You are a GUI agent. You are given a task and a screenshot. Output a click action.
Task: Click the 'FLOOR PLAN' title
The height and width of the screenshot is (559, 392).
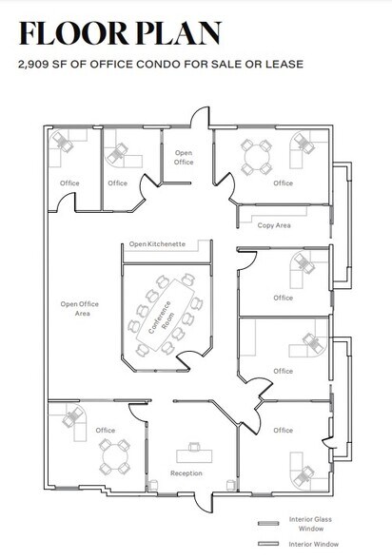click(x=120, y=33)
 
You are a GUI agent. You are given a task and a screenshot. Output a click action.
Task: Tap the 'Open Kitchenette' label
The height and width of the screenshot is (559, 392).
click(x=157, y=244)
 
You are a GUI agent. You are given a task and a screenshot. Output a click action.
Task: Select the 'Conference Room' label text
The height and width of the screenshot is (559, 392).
click(x=162, y=318)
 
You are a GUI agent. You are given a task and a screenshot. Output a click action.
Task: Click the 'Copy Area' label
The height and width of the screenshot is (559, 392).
click(x=274, y=225)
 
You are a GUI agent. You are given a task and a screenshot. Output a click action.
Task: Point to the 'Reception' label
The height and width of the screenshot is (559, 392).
click(x=186, y=473)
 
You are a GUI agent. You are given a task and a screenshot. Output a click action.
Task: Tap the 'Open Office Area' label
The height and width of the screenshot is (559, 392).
click(x=80, y=309)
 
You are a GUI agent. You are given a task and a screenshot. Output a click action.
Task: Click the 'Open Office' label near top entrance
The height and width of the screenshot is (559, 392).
click(x=184, y=157)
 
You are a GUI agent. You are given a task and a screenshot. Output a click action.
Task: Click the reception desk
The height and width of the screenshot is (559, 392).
click(x=194, y=456)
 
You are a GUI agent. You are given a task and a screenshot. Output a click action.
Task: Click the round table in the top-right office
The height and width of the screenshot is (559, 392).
click(x=257, y=157)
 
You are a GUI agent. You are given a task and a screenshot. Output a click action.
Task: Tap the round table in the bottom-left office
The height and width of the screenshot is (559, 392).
click(x=115, y=456)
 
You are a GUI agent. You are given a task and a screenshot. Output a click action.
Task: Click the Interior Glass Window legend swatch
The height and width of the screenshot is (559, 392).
click(x=268, y=523)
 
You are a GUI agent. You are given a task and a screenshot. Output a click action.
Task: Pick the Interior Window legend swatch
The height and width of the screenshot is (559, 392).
click(x=268, y=544)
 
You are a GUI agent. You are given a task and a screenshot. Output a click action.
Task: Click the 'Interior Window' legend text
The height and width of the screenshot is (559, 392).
click(x=314, y=544)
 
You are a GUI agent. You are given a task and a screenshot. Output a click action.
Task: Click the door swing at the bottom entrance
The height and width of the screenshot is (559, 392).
click(x=205, y=504)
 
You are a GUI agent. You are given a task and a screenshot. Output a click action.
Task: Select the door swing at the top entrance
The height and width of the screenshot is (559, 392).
click(x=200, y=116)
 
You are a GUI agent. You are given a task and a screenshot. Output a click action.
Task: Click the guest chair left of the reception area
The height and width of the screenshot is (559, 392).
click(x=152, y=485)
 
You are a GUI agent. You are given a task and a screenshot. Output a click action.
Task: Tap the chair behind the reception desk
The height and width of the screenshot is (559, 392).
click(x=194, y=447)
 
